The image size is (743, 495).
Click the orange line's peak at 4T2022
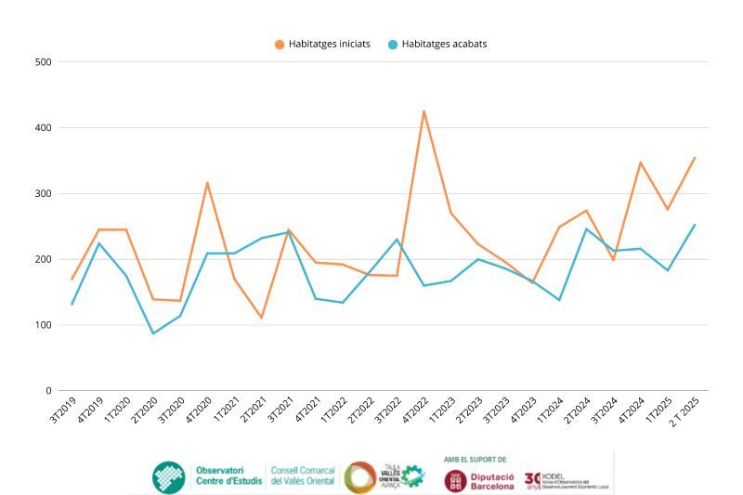pos(424,111)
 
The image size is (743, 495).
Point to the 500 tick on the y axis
pos(43,62)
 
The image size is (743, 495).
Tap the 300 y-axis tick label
pos(43,194)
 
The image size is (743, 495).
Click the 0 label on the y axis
pos(48,391)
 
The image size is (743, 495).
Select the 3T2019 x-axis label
pos(60,410)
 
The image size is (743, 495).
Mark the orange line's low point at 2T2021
pos(261,318)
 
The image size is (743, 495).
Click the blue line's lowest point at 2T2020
pos(153,333)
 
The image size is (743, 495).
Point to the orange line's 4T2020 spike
pos(207,183)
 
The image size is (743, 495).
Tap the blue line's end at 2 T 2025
pos(694,225)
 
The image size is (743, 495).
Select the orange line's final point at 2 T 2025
pos(694,158)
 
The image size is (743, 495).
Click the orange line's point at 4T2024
pos(640,163)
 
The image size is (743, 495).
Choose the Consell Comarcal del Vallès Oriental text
pos(303,475)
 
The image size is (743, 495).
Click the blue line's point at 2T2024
pos(586,228)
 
